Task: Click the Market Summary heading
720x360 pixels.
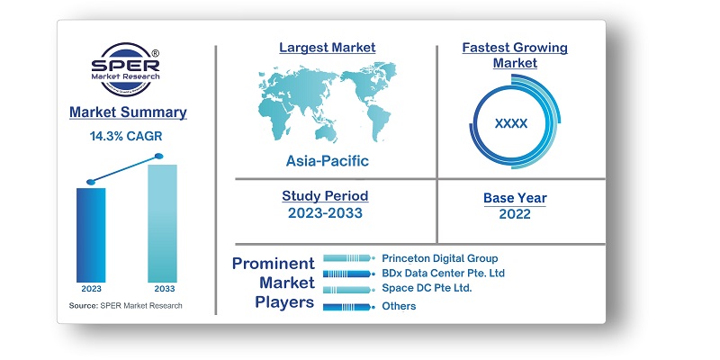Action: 128,112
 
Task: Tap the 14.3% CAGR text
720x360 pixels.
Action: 128,136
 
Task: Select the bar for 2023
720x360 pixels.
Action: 91,234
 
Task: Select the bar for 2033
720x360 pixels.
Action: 162,222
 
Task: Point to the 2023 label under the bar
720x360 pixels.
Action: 91,290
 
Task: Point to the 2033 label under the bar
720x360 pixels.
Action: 162,290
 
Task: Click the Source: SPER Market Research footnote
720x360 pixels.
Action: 125,306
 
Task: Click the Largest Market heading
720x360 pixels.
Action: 327,47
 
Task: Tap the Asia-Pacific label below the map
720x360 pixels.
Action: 327,161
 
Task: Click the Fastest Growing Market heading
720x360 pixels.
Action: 515,55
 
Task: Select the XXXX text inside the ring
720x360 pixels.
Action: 511,123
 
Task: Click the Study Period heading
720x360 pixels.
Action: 325,195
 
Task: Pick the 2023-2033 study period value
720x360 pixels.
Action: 325,213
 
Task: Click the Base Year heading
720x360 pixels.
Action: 515,198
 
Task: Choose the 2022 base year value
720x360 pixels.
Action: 515,214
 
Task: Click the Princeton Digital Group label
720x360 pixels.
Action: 439,258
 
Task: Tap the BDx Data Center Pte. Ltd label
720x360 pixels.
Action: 443,273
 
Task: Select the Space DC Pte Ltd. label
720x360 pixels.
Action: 427,288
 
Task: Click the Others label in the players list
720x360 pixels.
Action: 399,306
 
